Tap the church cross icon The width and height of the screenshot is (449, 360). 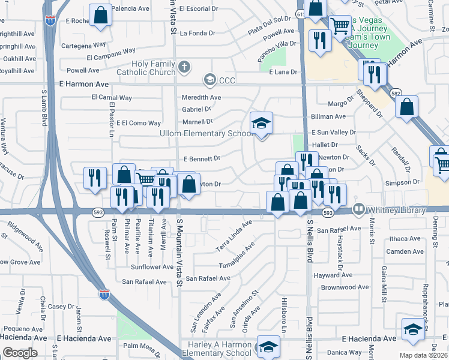[x=185, y=67]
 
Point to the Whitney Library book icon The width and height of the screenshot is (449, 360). [x=359, y=209]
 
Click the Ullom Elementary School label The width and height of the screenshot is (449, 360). [x=206, y=133]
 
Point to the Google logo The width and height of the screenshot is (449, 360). [x=20, y=353]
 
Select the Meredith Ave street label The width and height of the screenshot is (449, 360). [x=201, y=97]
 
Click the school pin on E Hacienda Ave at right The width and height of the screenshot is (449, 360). [x=413, y=329]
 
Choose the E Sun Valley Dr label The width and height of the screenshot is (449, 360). [x=333, y=132]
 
